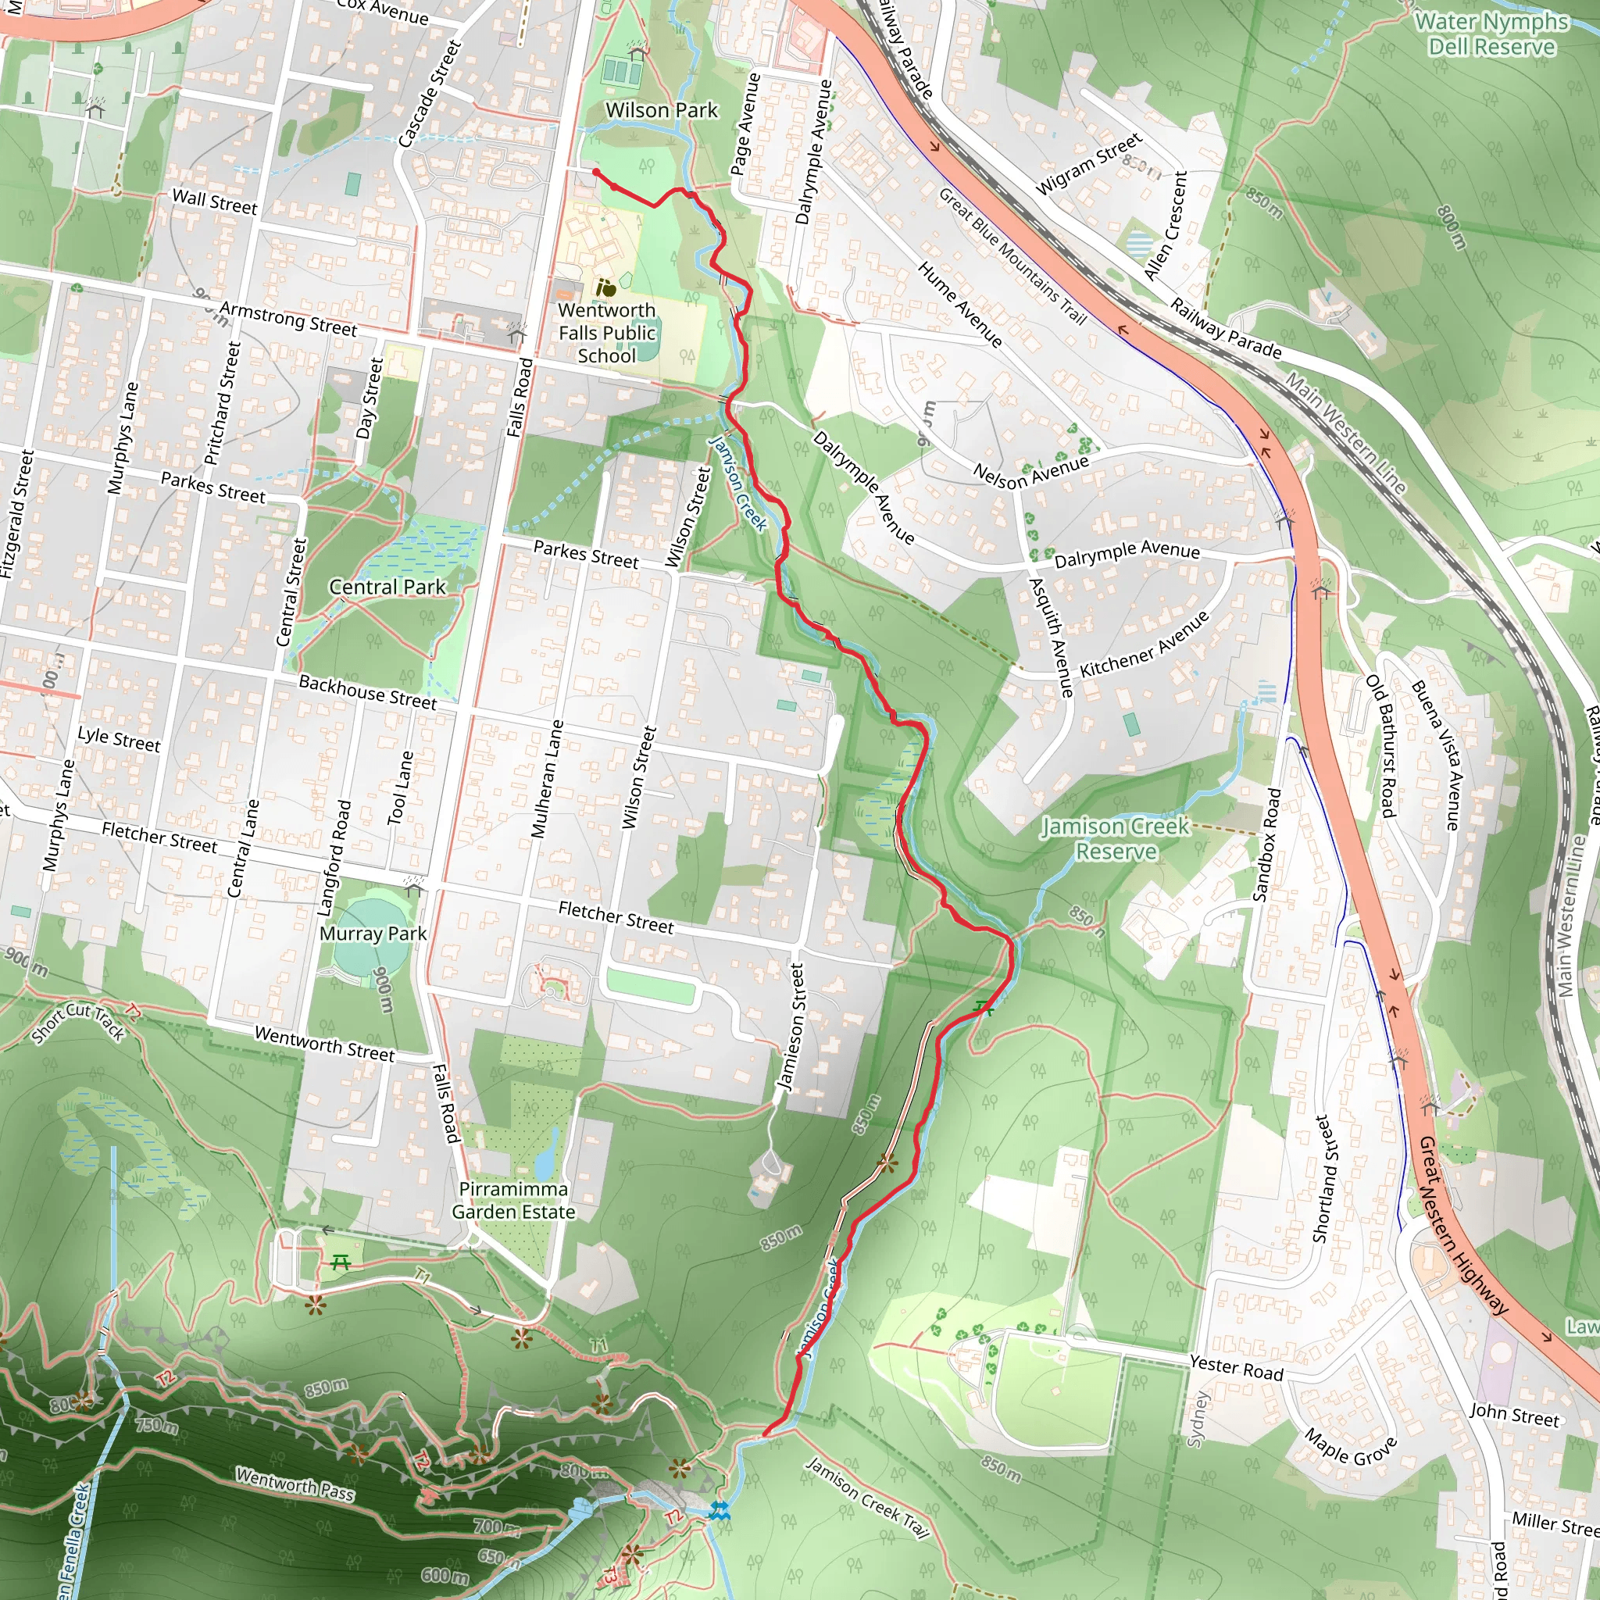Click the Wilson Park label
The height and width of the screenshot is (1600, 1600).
coord(661,110)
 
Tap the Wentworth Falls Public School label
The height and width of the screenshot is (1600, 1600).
coord(607,333)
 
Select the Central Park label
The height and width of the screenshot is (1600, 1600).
coord(387,587)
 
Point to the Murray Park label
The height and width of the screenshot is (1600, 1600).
coord(373,934)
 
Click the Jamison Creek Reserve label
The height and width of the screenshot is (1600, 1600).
coord(1115,838)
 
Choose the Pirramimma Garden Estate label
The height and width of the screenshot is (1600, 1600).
coord(513,1200)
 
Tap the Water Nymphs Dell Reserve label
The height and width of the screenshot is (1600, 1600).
coord(1491,34)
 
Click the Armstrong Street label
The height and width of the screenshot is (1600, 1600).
coord(288,319)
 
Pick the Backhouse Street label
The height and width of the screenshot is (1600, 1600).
coord(367,692)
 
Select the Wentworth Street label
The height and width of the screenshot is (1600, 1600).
coord(325,1045)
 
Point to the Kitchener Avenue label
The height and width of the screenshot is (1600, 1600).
coord(1145,644)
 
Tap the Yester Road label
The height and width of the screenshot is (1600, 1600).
coord(1236,1367)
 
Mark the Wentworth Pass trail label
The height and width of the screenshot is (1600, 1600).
coord(295,1484)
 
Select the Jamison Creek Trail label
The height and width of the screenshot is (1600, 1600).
coord(867,1498)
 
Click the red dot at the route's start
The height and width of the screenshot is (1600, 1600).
coord(595,172)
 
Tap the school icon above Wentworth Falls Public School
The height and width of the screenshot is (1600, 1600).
coord(606,288)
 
